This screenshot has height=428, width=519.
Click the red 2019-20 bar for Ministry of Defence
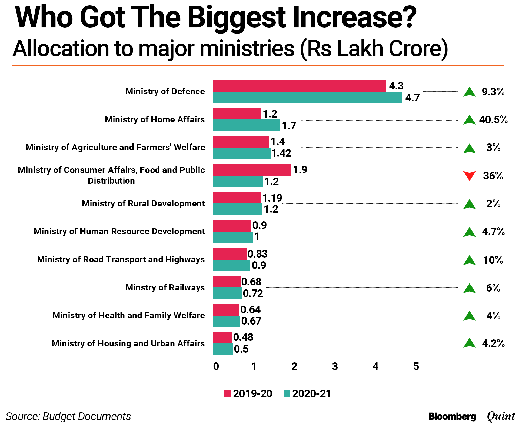[x=300, y=86]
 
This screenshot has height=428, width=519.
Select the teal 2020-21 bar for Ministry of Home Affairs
[x=247, y=125]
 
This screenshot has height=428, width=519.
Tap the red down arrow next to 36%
[x=469, y=176]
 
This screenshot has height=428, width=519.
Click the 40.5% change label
[x=493, y=119]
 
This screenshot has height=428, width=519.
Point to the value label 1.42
[x=281, y=153]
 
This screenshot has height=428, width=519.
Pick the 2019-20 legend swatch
[x=227, y=394]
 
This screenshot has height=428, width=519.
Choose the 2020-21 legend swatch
[x=287, y=394]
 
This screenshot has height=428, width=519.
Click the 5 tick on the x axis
[x=416, y=366]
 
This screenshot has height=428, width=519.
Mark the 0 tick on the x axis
[x=216, y=366]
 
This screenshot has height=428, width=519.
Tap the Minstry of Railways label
[x=165, y=287]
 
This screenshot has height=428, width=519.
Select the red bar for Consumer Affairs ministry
[x=252, y=170]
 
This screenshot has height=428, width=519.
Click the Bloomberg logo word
[x=452, y=416]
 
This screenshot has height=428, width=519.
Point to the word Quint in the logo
[x=501, y=416]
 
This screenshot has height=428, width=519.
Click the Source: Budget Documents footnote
[x=68, y=416]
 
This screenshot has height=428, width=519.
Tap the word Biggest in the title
[x=236, y=18]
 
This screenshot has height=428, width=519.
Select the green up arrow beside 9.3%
[x=469, y=92]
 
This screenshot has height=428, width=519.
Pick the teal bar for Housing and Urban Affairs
[x=223, y=349]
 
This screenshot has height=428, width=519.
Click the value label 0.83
[x=257, y=254]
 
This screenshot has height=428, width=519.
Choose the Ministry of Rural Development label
[x=143, y=203]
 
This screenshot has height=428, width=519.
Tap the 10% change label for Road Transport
[x=493, y=260]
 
